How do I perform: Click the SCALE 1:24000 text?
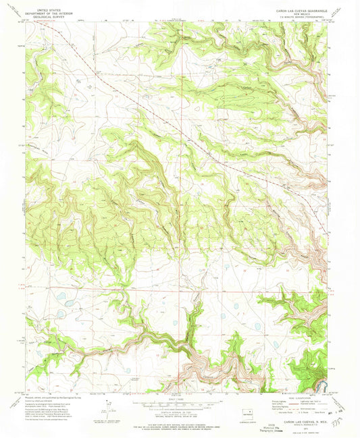click(x=178, y=395)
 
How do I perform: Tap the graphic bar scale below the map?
click(x=178, y=401)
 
